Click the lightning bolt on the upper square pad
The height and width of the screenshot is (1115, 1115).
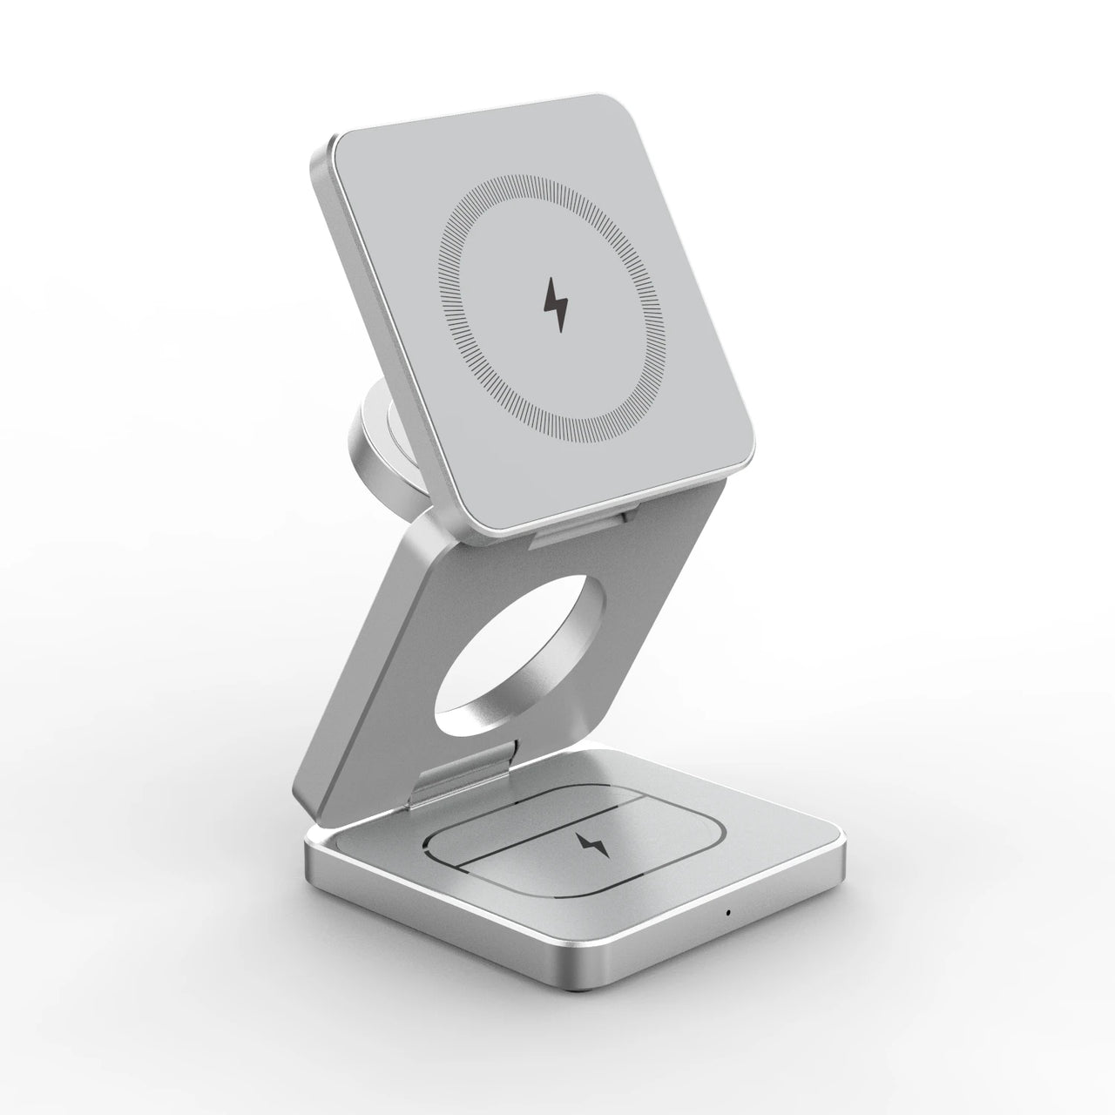[556, 304]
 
